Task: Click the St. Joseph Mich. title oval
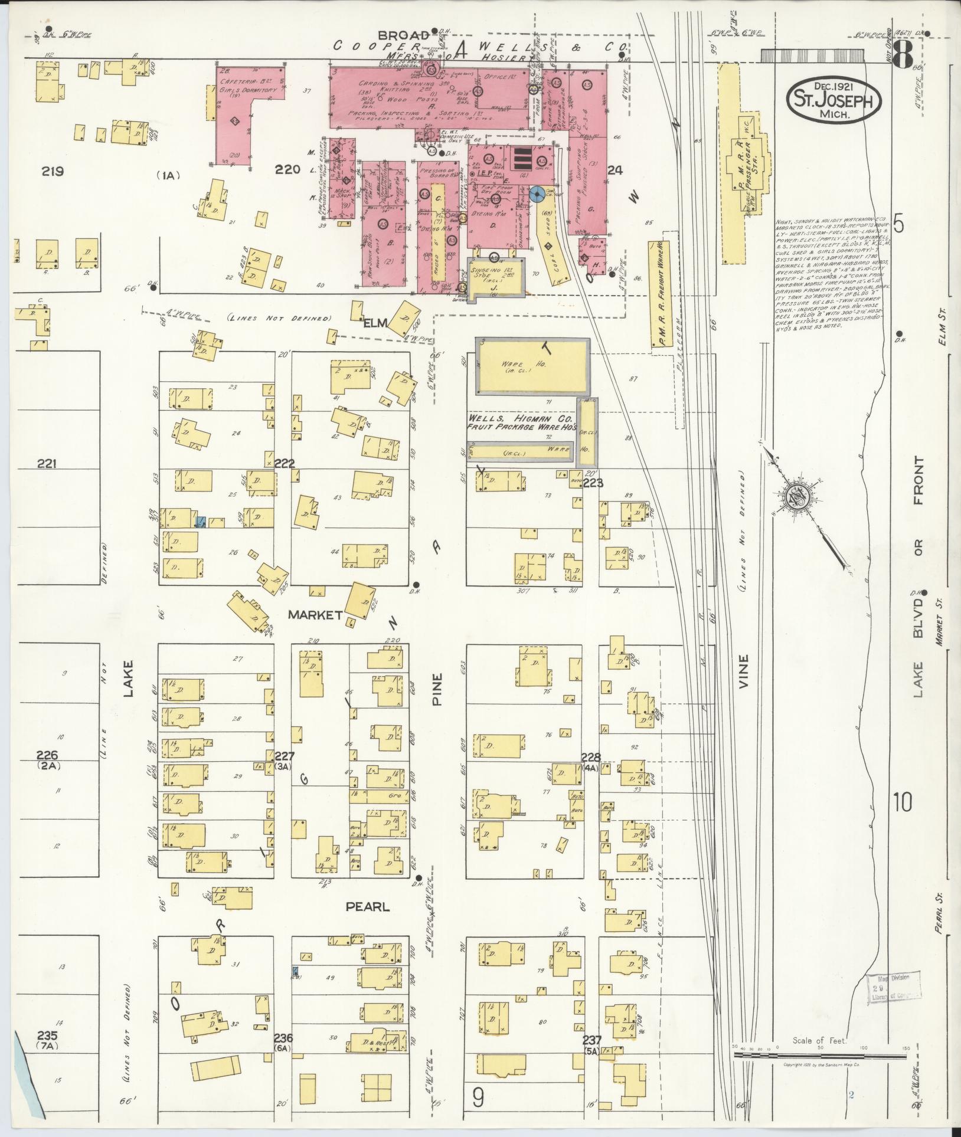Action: pos(833,100)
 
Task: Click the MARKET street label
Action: pos(315,615)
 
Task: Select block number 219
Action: pos(53,172)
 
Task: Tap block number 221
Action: pos(46,464)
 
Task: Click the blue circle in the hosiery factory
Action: pos(537,194)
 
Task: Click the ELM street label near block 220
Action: pos(374,323)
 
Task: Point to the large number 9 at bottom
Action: pos(478,1098)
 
